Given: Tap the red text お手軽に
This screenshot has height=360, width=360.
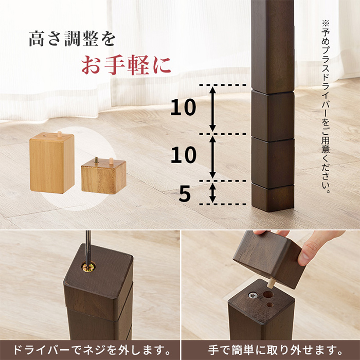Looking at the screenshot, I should click(126, 66).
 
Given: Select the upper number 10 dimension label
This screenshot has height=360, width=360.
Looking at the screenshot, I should click(183, 107).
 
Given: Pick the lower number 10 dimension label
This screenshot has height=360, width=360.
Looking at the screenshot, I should click(183, 155).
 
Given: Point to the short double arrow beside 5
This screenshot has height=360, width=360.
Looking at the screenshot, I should click(213, 193).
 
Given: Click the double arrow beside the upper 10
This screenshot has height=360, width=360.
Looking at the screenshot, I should click(213, 109).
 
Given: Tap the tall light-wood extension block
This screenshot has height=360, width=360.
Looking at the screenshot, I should click(51, 164).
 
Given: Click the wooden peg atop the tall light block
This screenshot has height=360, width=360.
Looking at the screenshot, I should click(60, 133).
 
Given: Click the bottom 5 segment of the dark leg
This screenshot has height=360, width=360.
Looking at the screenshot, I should click(273, 196).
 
